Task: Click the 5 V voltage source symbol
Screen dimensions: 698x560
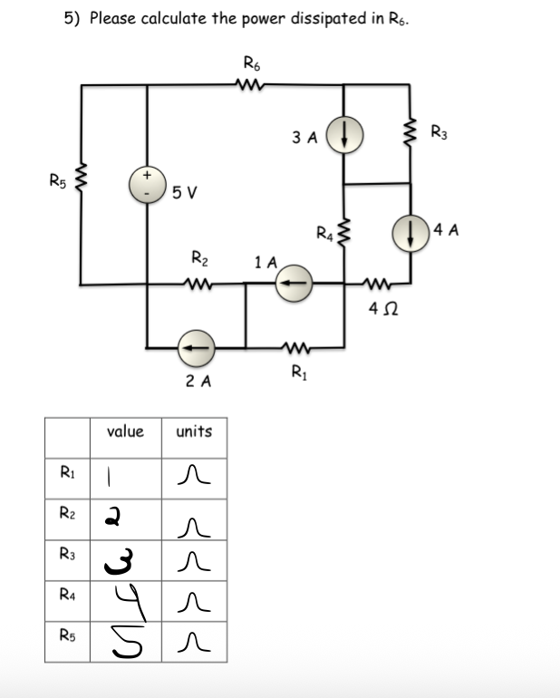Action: (x=148, y=184)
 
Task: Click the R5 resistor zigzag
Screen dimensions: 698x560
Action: (x=82, y=179)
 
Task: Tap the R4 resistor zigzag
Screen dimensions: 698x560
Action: (x=343, y=236)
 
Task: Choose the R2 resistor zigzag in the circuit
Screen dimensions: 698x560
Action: (x=198, y=283)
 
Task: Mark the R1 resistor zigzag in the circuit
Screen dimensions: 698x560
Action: (x=295, y=346)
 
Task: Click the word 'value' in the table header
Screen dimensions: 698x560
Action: (x=125, y=431)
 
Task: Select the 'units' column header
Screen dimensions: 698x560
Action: (x=194, y=431)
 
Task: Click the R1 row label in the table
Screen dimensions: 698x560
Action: (x=67, y=470)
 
